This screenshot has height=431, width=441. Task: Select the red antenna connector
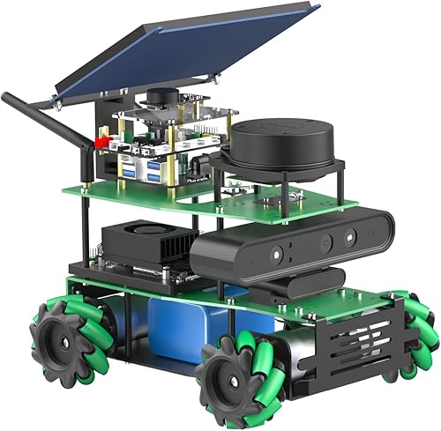coord(101,141)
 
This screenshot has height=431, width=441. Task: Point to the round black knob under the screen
coord(163,95)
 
